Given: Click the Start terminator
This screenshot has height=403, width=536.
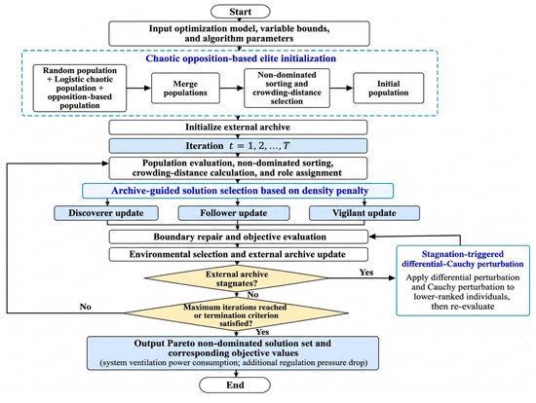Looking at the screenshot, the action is click(x=241, y=12).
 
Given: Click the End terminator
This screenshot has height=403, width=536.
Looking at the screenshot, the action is click(x=235, y=385).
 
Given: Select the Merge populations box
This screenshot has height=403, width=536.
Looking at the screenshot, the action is click(x=185, y=89).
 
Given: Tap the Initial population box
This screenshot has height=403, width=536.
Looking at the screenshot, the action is click(x=388, y=89).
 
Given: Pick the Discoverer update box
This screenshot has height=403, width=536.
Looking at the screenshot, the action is click(x=106, y=213).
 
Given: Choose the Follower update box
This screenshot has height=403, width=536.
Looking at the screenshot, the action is click(x=234, y=213).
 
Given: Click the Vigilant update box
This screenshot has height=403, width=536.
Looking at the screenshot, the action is click(x=364, y=213).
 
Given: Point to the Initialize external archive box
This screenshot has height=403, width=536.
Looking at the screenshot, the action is click(x=238, y=128).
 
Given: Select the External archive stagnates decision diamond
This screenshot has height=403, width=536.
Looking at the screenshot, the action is click(x=237, y=278).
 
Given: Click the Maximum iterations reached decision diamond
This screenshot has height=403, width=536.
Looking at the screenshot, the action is click(x=236, y=312).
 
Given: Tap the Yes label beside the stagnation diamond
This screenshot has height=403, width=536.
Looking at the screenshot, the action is click(x=366, y=273).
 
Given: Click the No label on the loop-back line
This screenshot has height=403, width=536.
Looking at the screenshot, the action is click(x=85, y=307).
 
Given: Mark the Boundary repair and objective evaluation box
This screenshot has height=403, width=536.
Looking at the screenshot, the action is click(x=239, y=237).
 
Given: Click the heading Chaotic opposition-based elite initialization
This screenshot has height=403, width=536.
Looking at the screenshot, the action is click(x=241, y=58).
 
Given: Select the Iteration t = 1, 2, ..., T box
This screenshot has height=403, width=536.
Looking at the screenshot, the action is click(x=238, y=146).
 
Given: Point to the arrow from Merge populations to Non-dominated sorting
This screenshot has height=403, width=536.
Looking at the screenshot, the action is click(x=232, y=89).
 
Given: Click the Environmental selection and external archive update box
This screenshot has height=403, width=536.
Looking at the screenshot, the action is click(x=239, y=254).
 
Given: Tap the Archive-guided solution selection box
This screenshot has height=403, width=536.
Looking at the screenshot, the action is click(x=238, y=191).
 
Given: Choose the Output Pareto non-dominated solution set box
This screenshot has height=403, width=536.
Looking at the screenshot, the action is click(x=233, y=353).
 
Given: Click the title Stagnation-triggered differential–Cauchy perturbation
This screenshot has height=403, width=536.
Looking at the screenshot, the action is click(x=463, y=259).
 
